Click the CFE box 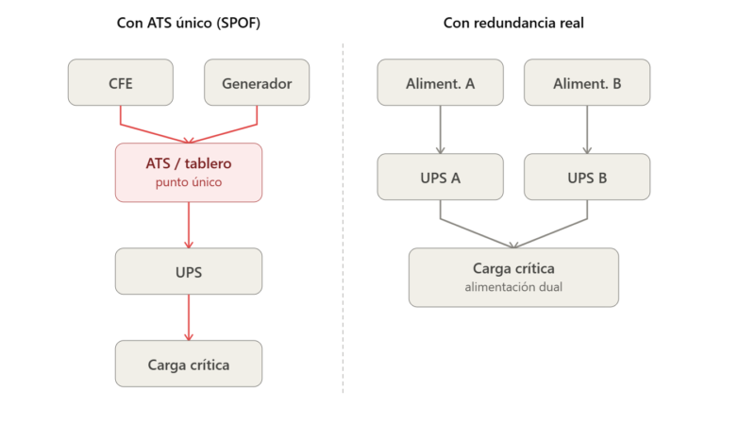[x=121, y=82]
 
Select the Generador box [x=257, y=82]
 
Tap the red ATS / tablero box [x=189, y=173]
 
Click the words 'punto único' [x=189, y=182]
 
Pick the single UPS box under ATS [x=189, y=271]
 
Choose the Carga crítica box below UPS [x=189, y=364]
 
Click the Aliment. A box [x=440, y=82]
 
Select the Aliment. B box [x=587, y=82]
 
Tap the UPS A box [x=440, y=177]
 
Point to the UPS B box [x=587, y=177]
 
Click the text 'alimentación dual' [x=513, y=287]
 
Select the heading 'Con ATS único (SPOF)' [x=189, y=23]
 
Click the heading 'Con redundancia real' [x=513, y=23]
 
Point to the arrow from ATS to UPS [x=189, y=225]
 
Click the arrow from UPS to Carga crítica [x=189, y=317]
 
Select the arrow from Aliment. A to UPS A [x=440, y=129]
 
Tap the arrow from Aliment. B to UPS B [x=587, y=129]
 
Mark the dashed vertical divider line [x=343, y=218]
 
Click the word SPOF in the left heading [x=239, y=23]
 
